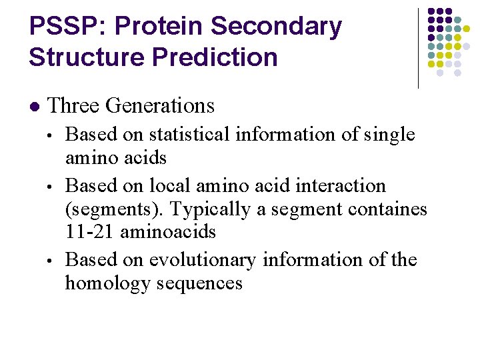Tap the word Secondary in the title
(277, 27)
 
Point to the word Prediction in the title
(215, 57)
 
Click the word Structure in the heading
(87, 57)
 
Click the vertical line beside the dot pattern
(418, 48)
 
